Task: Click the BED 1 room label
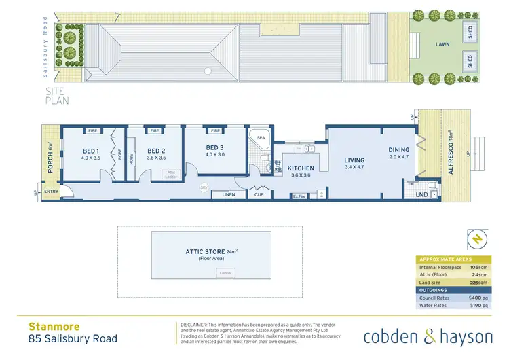point(91,151)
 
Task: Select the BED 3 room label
point(215,147)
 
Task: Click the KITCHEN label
point(301,167)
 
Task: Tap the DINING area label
point(398,150)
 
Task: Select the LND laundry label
point(421,195)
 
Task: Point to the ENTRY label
point(51,192)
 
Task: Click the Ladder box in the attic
point(225,273)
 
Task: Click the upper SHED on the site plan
point(470,31)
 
